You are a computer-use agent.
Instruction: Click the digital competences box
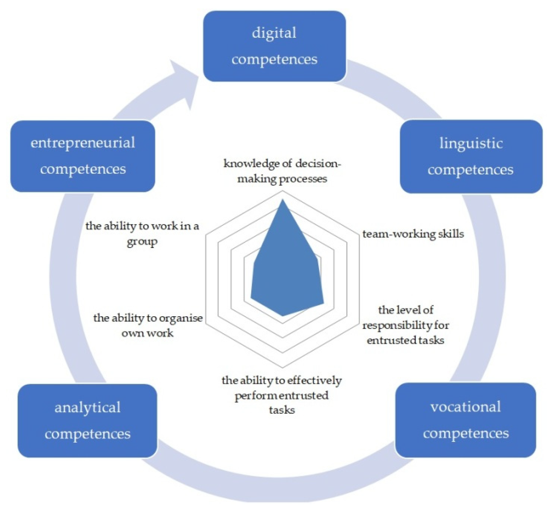[x=274, y=46]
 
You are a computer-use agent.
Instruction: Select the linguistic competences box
[x=471, y=157]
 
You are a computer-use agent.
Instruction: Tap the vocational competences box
[x=465, y=420]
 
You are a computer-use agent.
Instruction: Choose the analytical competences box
[x=88, y=421]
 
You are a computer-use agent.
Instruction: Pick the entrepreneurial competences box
[x=83, y=156]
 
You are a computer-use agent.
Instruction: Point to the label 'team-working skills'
[x=413, y=234]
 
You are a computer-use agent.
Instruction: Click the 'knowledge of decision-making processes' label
[x=282, y=171]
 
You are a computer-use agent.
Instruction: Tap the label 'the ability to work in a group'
[x=142, y=233]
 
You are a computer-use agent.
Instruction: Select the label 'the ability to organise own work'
[x=148, y=325]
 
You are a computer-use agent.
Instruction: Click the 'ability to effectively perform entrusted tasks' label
[x=281, y=395]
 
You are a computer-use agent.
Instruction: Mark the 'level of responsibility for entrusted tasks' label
[x=406, y=325]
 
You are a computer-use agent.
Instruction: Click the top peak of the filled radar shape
[x=282, y=200]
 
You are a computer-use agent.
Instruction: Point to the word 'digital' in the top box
[x=274, y=33]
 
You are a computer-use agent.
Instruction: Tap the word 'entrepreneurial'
[x=83, y=143]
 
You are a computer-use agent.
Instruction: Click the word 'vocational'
[x=465, y=407]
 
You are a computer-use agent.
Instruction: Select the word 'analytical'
[x=88, y=408]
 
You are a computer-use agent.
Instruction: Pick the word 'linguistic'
[x=471, y=144]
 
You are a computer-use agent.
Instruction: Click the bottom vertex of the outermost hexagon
[x=282, y=368]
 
